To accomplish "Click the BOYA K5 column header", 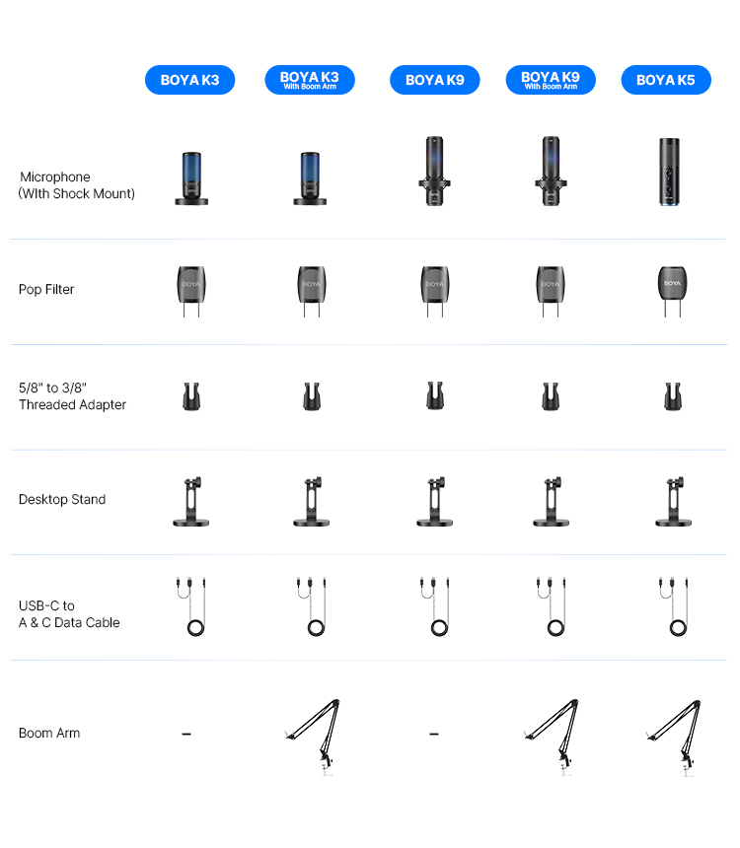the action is pos(666,80).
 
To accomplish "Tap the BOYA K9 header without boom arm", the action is pos(435,80).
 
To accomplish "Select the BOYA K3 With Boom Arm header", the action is pos(310,80).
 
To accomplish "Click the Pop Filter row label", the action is pos(46,289).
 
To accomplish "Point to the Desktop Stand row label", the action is pos(62,499).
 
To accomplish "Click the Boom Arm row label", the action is pos(49,733).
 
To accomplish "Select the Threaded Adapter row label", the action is pos(73,396).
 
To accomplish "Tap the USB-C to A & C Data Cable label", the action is pos(69,614).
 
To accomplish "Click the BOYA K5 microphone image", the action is pos(670,172).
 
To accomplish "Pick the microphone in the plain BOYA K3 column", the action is pos(191,178).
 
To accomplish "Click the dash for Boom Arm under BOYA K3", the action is pos(186,734).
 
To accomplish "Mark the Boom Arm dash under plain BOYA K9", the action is pos(434,734).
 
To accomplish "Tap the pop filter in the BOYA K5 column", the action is pos(672,291).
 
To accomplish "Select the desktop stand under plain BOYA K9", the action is pos(435,501).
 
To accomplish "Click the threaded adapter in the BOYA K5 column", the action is pos(673,396).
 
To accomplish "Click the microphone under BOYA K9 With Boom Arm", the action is pos(552,171).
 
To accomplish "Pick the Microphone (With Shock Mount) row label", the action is pos(76,185).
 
